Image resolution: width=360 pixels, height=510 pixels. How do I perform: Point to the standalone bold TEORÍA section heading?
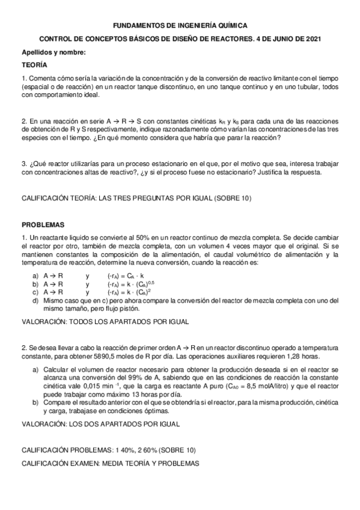34,64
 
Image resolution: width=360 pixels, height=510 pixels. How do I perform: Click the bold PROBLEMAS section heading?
43,224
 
